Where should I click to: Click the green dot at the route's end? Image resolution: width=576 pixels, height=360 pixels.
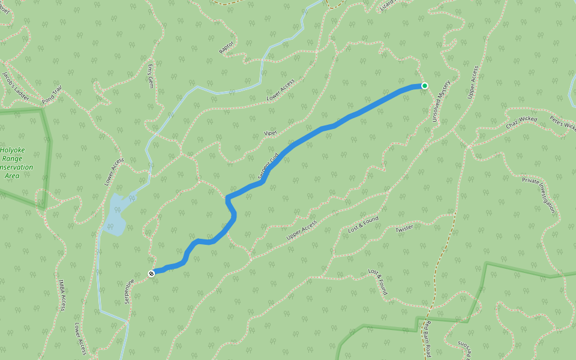point(424,86)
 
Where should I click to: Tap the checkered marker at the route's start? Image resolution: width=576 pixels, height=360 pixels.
point(151,274)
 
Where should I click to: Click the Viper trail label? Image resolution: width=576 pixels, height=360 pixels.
point(269,133)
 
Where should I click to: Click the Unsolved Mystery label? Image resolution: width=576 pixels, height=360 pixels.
point(441,101)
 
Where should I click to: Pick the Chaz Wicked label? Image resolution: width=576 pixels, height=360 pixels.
point(521,123)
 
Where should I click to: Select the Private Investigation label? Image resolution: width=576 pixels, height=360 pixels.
point(539,196)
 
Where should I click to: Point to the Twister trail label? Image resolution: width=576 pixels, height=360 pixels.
point(404,229)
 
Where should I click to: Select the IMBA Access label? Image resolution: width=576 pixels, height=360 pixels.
point(62,295)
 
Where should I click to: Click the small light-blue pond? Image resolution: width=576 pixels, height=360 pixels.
point(115,215)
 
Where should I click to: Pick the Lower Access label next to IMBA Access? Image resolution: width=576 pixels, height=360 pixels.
point(80,338)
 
